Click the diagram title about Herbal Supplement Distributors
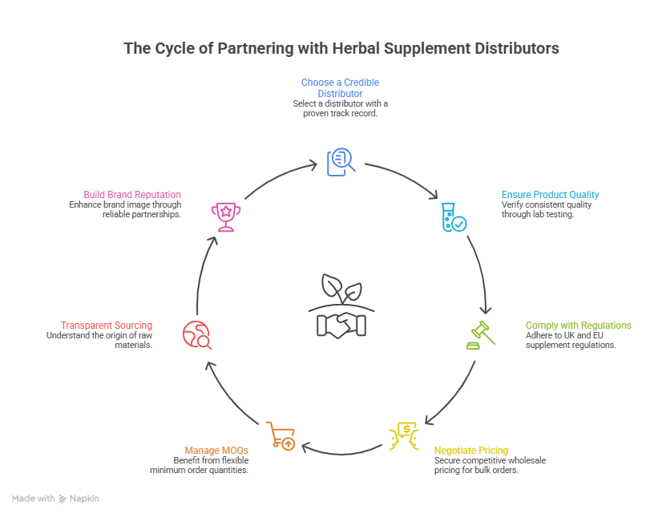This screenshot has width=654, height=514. pos(341,49)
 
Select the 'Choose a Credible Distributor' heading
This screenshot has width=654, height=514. pos(340,87)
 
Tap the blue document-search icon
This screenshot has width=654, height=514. pos(340,161)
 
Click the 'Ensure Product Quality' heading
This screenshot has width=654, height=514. pos(550,195)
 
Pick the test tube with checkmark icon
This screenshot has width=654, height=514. pos(454,217)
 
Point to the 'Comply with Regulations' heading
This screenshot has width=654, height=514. pos(578,326)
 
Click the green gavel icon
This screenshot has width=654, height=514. pos(481,334)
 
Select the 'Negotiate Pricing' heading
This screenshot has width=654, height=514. pos(470,451)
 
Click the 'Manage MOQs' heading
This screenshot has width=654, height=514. pos(216,451)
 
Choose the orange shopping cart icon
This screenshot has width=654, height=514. pos(281,436)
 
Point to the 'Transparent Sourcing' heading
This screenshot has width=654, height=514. pos(106,326)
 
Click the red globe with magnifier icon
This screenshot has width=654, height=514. pos(197,334)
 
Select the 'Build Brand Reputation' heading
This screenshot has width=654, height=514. pos(132,195)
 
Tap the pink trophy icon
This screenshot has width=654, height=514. pos(224,217)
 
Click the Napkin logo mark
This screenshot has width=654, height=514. pos(63,499)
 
